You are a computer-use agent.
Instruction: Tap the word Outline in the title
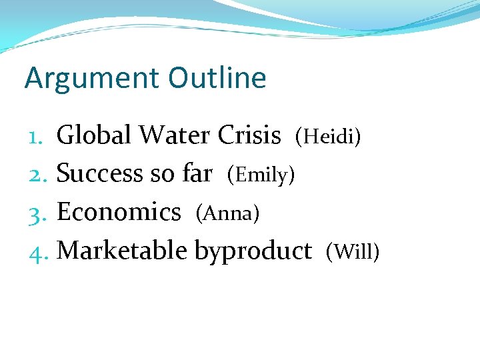(217, 78)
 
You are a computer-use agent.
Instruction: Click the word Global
(94, 135)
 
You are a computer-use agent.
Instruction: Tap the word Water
(175, 135)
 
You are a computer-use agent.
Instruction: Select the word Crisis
(249, 135)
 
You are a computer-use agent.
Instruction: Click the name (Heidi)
(329, 137)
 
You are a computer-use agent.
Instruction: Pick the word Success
(99, 174)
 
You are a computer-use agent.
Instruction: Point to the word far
(197, 174)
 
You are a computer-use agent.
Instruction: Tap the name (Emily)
(261, 175)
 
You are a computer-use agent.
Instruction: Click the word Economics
(119, 212)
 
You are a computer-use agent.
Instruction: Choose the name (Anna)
(227, 213)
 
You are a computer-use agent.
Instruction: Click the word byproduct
(253, 252)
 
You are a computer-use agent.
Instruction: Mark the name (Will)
(353, 252)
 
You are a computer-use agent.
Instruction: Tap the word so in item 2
(162, 175)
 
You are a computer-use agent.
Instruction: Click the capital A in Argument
(33, 79)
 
